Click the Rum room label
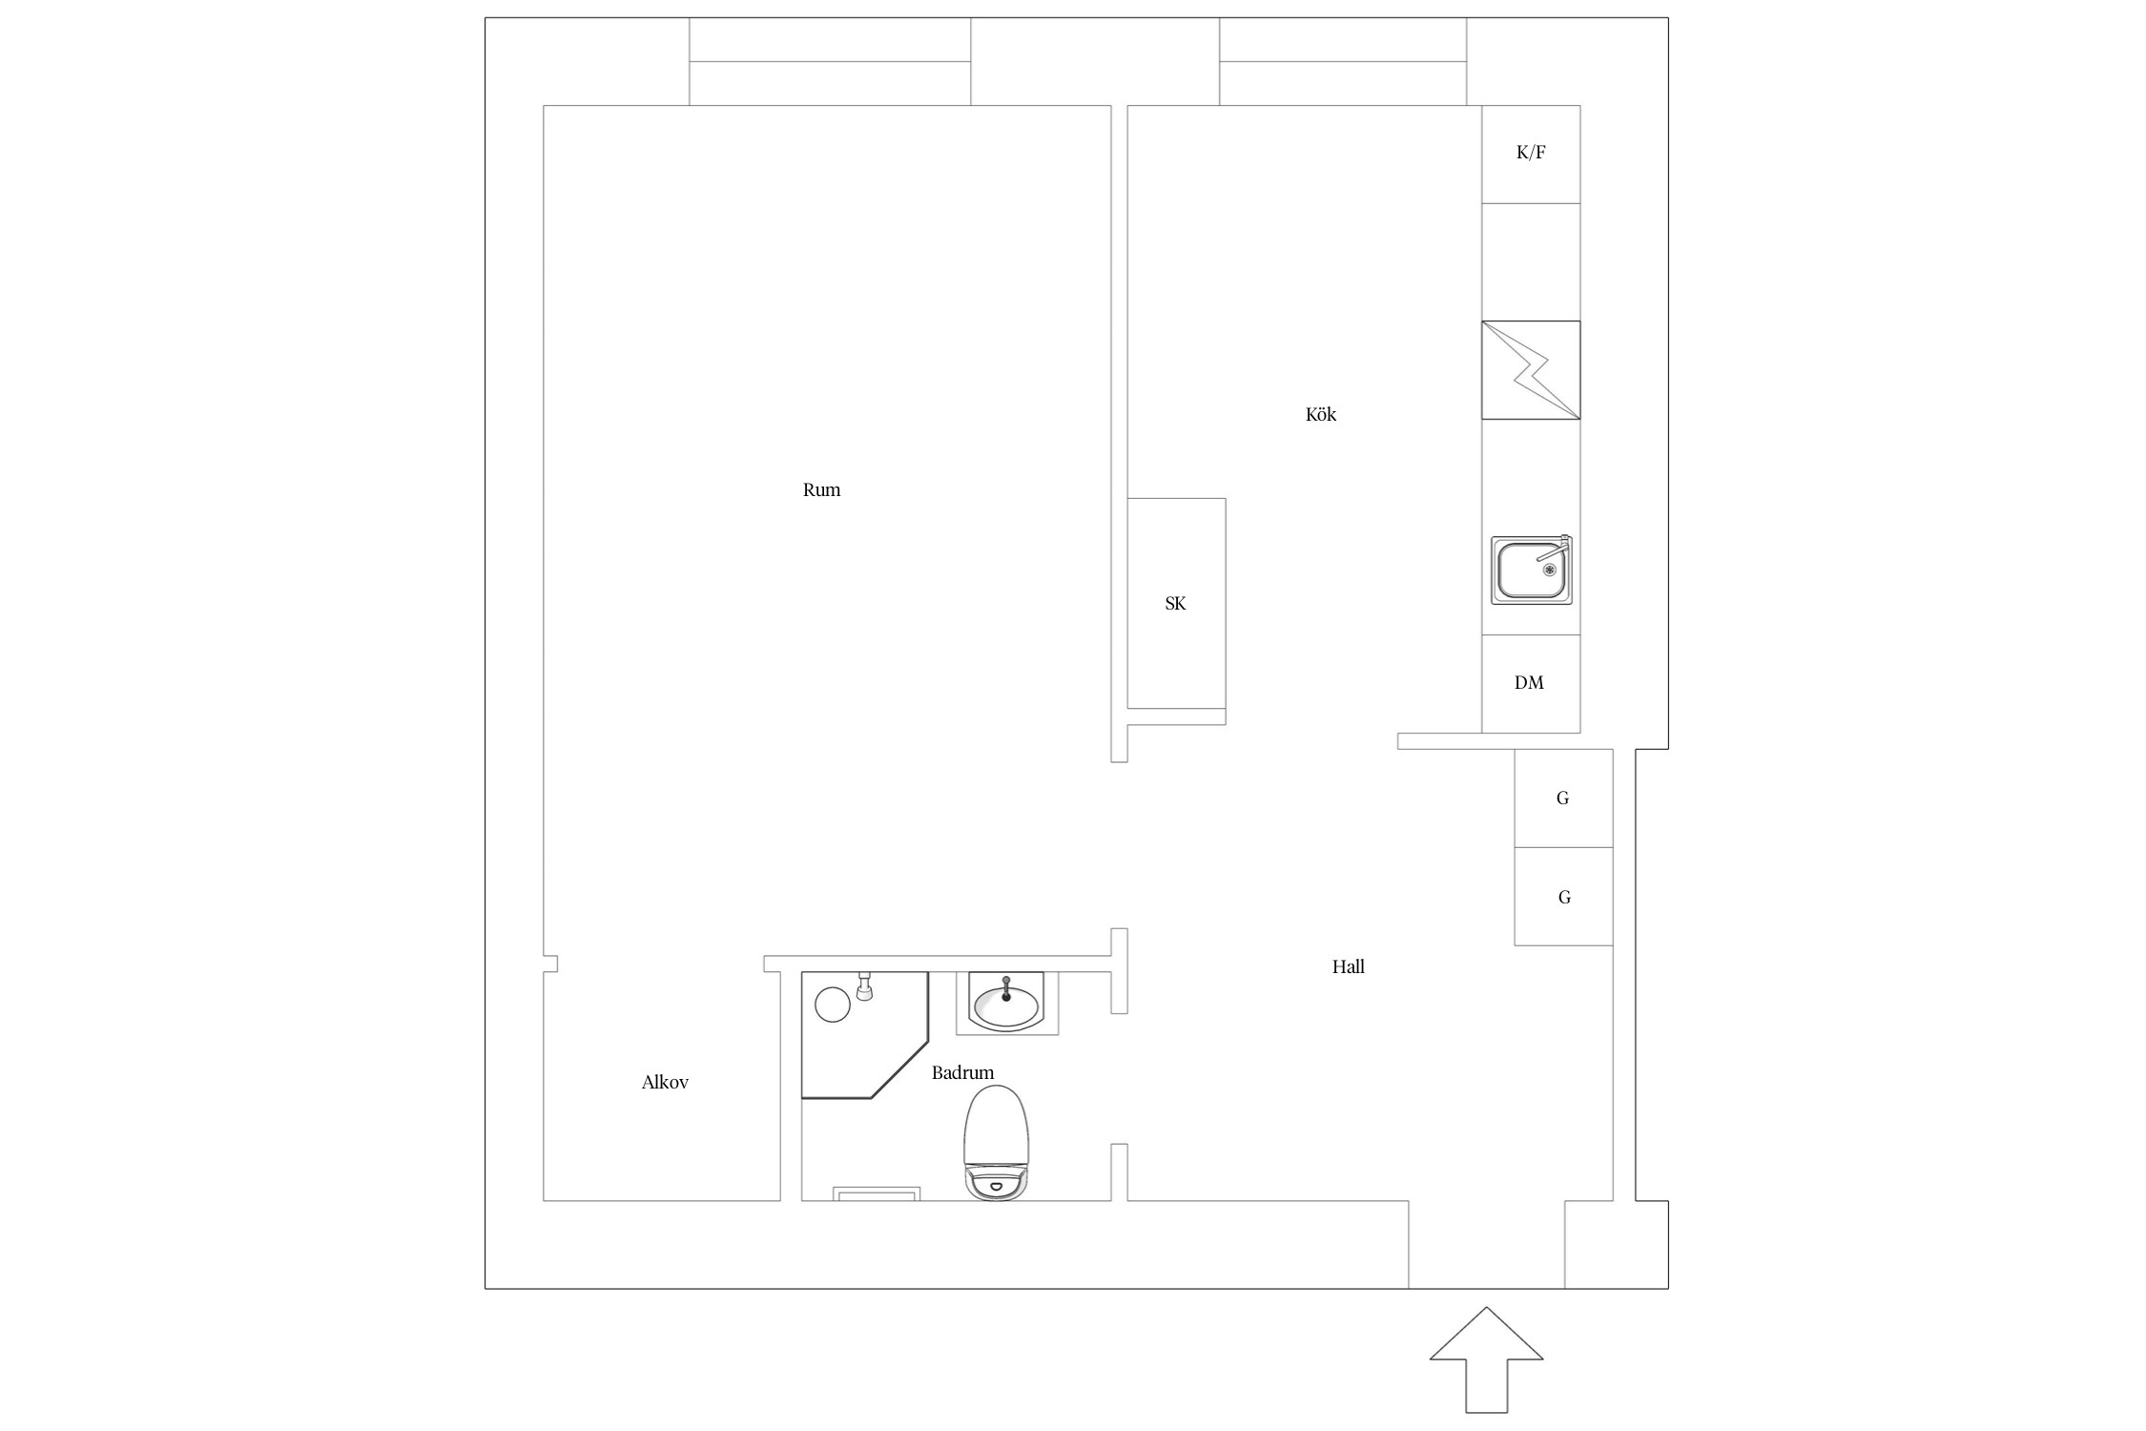coord(821,490)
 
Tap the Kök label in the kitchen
coord(1321,414)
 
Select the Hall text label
coord(1349,966)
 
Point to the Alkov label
coord(665,1082)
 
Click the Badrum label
coord(962,1072)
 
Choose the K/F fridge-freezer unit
coord(1531,154)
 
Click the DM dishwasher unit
coord(1531,683)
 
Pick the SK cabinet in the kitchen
coord(1176,603)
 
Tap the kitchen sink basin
coord(1532,570)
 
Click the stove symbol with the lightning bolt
coord(1531,370)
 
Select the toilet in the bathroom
coord(998,1142)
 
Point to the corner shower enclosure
coord(864,1035)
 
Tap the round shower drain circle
coord(833,1005)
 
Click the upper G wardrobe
coord(1563,798)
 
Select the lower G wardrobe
coord(1563,897)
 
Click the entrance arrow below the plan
coord(1486,1359)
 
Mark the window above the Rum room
coord(830,61)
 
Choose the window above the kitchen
coord(1343,61)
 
